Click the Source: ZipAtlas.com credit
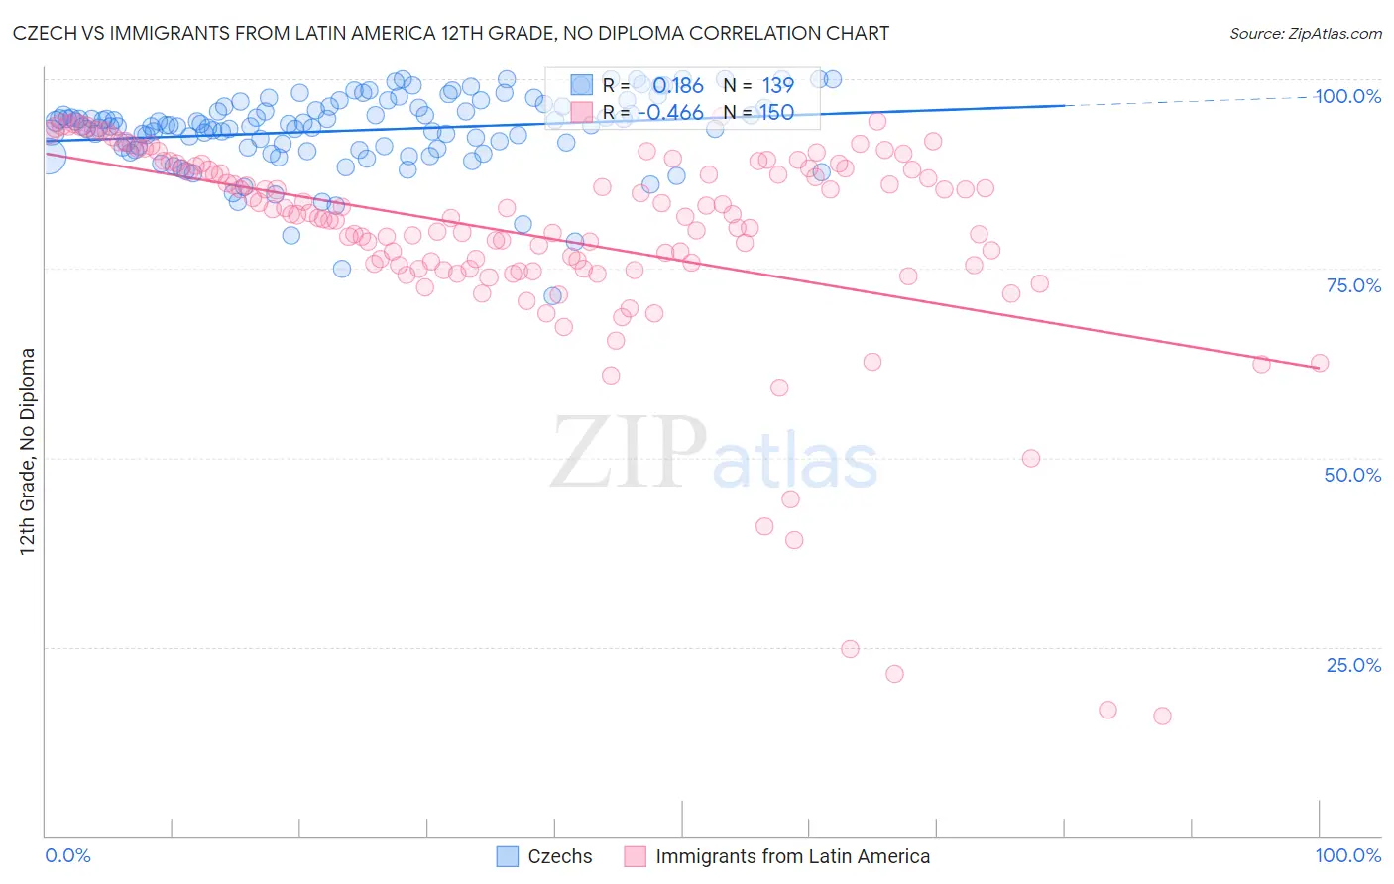(x=1305, y=33)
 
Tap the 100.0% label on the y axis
(x=1347, y=96)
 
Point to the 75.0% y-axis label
(x=1353, y=285)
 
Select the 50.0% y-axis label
(x=1352, y=475)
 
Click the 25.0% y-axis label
(x=1353, y=665)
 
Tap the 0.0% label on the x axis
(x=68, y=855)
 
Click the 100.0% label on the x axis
(x=1347, y=855)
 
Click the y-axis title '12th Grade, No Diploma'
(x=28, y=452)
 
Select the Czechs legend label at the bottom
(x=559, y=856)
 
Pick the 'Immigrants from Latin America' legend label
(x=792, y=856)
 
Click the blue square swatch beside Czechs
(x=508, y=856)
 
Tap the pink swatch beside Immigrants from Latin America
(x=635, y=856)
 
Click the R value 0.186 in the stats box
(x=677, y=85)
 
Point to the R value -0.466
(x=670, y=112)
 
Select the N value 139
(x=777, y=85)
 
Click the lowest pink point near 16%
(x=1162, y=716)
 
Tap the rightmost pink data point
(x=1320, y=363)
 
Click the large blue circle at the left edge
(x=48, y=156)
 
